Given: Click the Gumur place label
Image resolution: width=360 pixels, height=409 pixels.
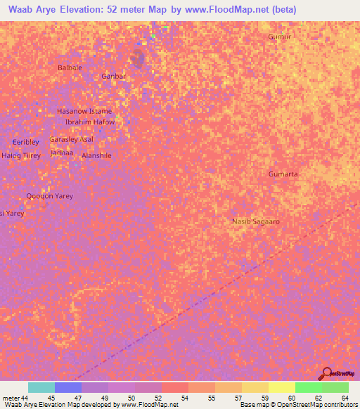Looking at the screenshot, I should click(279, 37).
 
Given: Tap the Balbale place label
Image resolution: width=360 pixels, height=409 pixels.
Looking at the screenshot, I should click(70, 67).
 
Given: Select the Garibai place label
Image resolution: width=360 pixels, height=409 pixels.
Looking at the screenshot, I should click(113, 76).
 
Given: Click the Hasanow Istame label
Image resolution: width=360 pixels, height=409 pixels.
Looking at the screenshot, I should click(84, 111).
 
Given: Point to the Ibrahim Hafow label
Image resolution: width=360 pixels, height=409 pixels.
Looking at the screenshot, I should click(89, 122).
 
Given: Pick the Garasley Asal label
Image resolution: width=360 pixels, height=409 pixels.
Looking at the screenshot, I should click(71, 139).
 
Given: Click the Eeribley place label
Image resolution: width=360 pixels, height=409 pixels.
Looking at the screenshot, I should click(26, 142).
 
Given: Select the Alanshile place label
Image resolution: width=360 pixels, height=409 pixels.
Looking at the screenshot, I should click(96, 155).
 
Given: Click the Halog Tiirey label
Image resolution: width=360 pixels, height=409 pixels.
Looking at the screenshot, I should click(21, 155).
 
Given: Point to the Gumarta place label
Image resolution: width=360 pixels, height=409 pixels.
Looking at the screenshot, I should click(283, 174).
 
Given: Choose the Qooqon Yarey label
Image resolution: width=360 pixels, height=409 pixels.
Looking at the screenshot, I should click(49, 196).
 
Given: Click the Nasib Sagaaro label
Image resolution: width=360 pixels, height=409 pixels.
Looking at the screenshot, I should click(256, 221).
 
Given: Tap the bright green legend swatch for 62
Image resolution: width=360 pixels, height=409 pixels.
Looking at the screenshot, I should click(308, 387).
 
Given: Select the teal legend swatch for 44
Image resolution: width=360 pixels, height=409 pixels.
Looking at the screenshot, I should click(41, 387).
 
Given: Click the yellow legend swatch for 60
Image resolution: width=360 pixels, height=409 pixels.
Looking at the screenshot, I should click(281, 387).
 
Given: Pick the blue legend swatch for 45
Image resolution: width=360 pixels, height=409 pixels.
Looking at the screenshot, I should click(68, 387).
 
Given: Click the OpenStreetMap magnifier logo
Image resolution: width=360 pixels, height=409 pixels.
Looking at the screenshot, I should click(326, 372).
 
